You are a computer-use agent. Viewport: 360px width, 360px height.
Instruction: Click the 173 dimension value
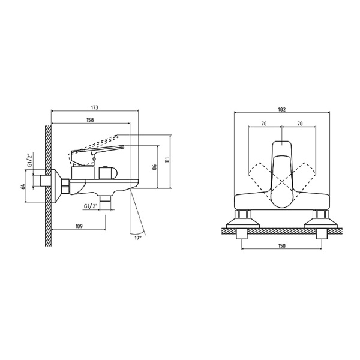pos(95,107)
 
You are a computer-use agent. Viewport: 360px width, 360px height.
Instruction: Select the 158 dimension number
pos(90,120)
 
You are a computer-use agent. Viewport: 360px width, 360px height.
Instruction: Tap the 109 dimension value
pos(79,226)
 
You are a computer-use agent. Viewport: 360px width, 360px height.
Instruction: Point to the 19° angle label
pos(137,238)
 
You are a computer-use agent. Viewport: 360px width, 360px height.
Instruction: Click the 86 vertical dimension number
pos(155,167)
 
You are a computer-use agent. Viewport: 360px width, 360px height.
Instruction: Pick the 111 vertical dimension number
pos(167,160)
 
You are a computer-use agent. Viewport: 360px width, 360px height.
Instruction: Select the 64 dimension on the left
pos(23,187)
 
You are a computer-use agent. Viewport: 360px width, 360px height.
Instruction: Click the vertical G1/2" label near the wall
pos(30,160)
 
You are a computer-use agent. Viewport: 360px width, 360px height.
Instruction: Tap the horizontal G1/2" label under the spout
pos(91,206)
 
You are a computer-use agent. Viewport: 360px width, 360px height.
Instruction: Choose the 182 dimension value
pos(282,110)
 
